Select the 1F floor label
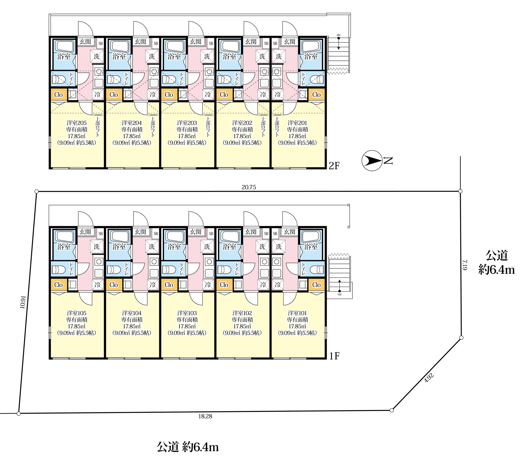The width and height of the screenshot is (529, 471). pos(334,356)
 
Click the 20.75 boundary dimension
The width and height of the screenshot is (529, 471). pos(249,187)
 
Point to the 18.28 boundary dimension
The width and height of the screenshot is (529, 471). pos(205,416)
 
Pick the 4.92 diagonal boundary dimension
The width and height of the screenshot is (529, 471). pos(429,378)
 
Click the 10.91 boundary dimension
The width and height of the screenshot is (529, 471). pos(23,302)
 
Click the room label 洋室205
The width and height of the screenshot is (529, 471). pos(76,123)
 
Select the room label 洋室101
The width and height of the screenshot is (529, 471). pos(297,313)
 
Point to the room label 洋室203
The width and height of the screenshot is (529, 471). pos(187,123)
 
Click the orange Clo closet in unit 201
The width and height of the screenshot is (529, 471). pos(317,95)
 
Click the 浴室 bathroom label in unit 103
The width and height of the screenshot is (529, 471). pos(174,247)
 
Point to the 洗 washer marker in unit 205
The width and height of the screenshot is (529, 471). pos(97,56)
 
